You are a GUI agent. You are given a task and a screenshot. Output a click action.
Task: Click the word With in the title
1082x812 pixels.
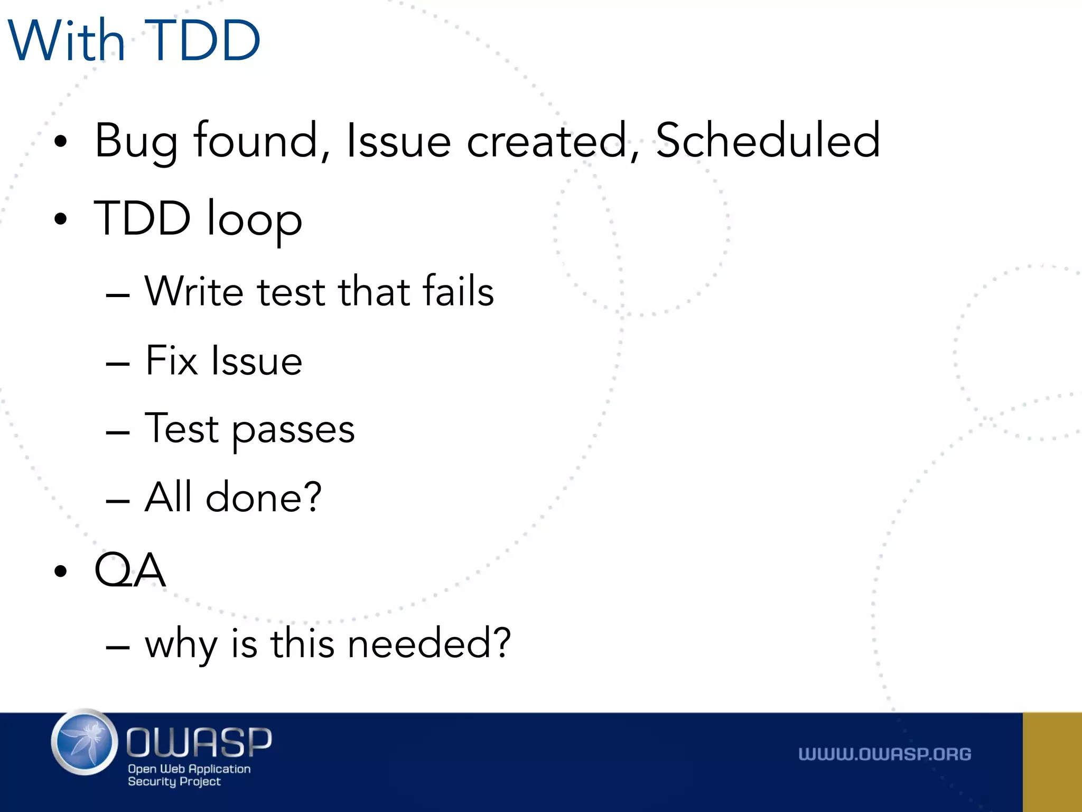(x=67, y=41)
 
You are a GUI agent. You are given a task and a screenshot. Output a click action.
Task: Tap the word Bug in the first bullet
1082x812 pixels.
(x=136, y=142)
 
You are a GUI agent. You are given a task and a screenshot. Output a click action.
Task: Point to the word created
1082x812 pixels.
(x=547, y=141)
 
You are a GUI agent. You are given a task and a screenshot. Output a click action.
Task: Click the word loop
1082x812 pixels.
(x=254, y=219)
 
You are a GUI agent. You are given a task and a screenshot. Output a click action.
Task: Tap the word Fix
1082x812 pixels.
(x=172, y=361)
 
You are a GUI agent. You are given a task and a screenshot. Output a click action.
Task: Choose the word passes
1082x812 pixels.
(x=293, y=430)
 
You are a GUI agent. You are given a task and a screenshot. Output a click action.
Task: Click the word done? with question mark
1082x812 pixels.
(x=263, y=497)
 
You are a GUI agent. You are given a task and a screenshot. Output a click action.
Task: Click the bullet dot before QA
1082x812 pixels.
(x=61, y=571)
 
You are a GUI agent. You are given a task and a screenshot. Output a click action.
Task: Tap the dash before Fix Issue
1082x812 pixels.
(x=117, y=364)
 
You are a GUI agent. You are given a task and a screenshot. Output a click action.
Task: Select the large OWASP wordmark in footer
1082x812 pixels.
(x=199, y=741)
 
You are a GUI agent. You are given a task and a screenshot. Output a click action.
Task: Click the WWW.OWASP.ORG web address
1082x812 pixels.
(x=884, y=754)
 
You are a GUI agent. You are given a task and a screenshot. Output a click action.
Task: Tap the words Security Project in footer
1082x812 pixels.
(x=174, y=781)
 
